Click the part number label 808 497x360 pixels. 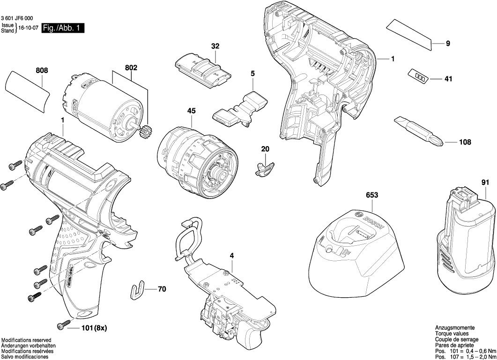click(x=42, y=71)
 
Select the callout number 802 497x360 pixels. click(x=131, y=68)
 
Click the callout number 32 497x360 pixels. click(x=215, y=46)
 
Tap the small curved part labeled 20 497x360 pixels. click(x=265, y=167)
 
